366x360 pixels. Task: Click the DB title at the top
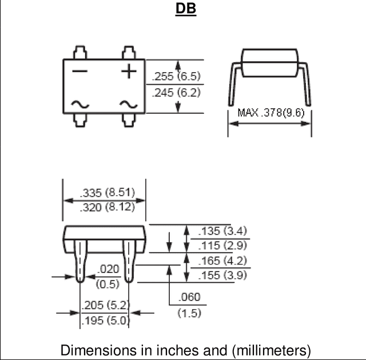(x=186, y=9)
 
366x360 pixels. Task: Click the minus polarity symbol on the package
(x=80, y=71)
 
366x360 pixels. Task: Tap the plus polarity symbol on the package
(x=129, y=71)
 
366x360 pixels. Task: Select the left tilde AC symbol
(x=80, y=104)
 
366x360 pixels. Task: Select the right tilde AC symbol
(x=129, y=104)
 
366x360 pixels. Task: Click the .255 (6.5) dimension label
(x=176, y=76)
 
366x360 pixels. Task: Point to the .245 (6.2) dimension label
(x=176, y=93)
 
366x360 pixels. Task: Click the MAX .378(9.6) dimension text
(x=271, y=113)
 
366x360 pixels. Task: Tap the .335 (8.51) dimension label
(x=108, y=193)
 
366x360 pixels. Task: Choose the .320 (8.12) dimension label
(x=108, y=207)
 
